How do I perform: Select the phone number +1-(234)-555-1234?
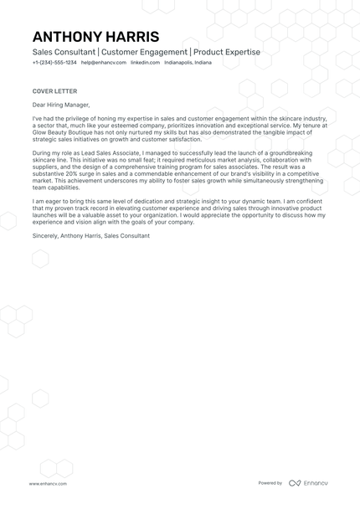click(x=54, y=63)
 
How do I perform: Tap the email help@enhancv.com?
click(x=104, y=63)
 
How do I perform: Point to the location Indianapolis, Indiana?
click(x=189, y=63)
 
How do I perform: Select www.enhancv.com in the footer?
click(x=48, y=483)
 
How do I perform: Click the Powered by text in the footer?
click(x=270, y=483)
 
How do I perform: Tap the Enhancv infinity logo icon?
click(x=294, y=483)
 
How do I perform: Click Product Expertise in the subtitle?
click(x=227, y=52)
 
